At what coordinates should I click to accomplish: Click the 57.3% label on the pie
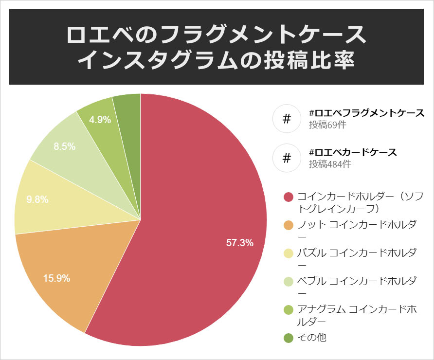tap(240, 243)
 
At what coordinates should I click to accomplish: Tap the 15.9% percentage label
tap(57, 279)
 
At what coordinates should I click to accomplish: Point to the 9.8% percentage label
tap(37, 199)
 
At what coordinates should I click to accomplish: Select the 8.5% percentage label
tap(64, 146)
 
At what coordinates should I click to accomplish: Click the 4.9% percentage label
tap(100, 119)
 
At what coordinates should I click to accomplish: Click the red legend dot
tap(289, 197)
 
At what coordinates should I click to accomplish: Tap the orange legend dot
tap(289, 225)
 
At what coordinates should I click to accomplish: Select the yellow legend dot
tap(289, 253)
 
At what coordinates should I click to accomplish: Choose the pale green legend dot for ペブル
tap(289, 281)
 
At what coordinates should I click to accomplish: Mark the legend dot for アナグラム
tap(289, 309)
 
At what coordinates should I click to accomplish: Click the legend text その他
tap(312, 337)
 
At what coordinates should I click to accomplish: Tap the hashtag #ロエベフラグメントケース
tap(367, 113)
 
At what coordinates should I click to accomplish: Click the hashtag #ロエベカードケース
tap(353, 152)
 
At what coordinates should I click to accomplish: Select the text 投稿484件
tap(330, 164)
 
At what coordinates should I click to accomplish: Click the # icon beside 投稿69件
tap(287, 119)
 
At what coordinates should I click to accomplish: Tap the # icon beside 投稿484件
tap(287, 158)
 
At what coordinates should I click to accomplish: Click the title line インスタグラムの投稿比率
tap(217, 60)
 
